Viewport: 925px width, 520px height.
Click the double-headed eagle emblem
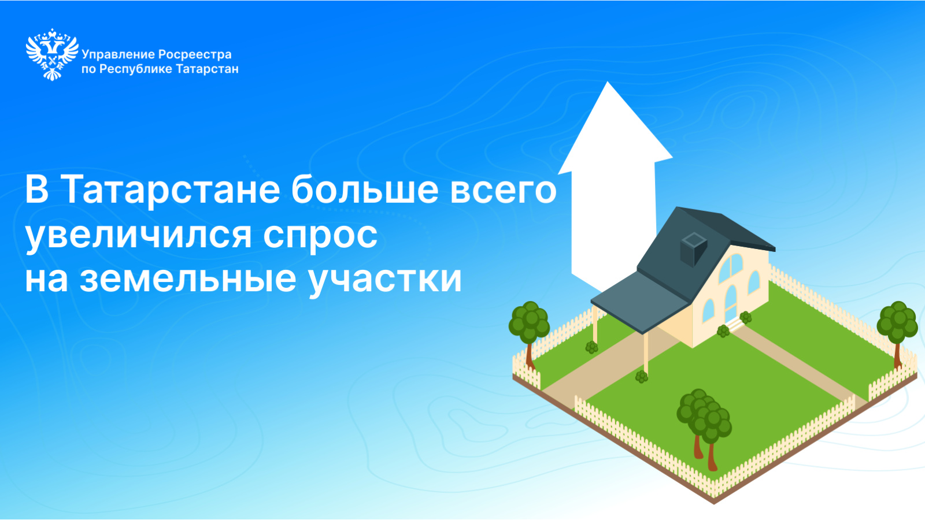52,54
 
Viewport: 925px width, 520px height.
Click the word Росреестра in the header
195,55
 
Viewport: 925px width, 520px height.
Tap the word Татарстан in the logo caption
208,69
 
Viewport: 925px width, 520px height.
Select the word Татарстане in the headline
173,190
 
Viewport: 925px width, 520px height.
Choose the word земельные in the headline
188,280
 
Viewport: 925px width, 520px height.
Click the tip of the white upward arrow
608,82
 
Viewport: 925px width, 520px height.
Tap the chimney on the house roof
693,248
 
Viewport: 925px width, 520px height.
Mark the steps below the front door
735,324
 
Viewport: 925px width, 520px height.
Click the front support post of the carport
646,354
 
